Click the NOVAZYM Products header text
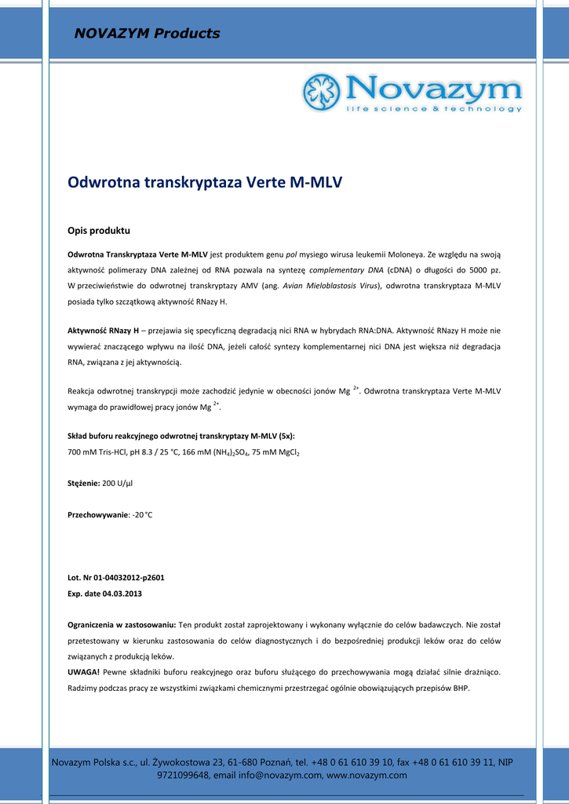147,34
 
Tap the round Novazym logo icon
321,92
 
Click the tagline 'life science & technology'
433,108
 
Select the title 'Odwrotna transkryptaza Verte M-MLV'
205,182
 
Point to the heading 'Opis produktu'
98,231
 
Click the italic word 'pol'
290,254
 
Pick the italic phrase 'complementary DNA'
346,270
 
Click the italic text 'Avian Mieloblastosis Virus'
330,286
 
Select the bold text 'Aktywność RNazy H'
103,331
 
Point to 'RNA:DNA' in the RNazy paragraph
376,331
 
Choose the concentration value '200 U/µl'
118,484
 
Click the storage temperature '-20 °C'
142,514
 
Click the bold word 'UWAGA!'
84,671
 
